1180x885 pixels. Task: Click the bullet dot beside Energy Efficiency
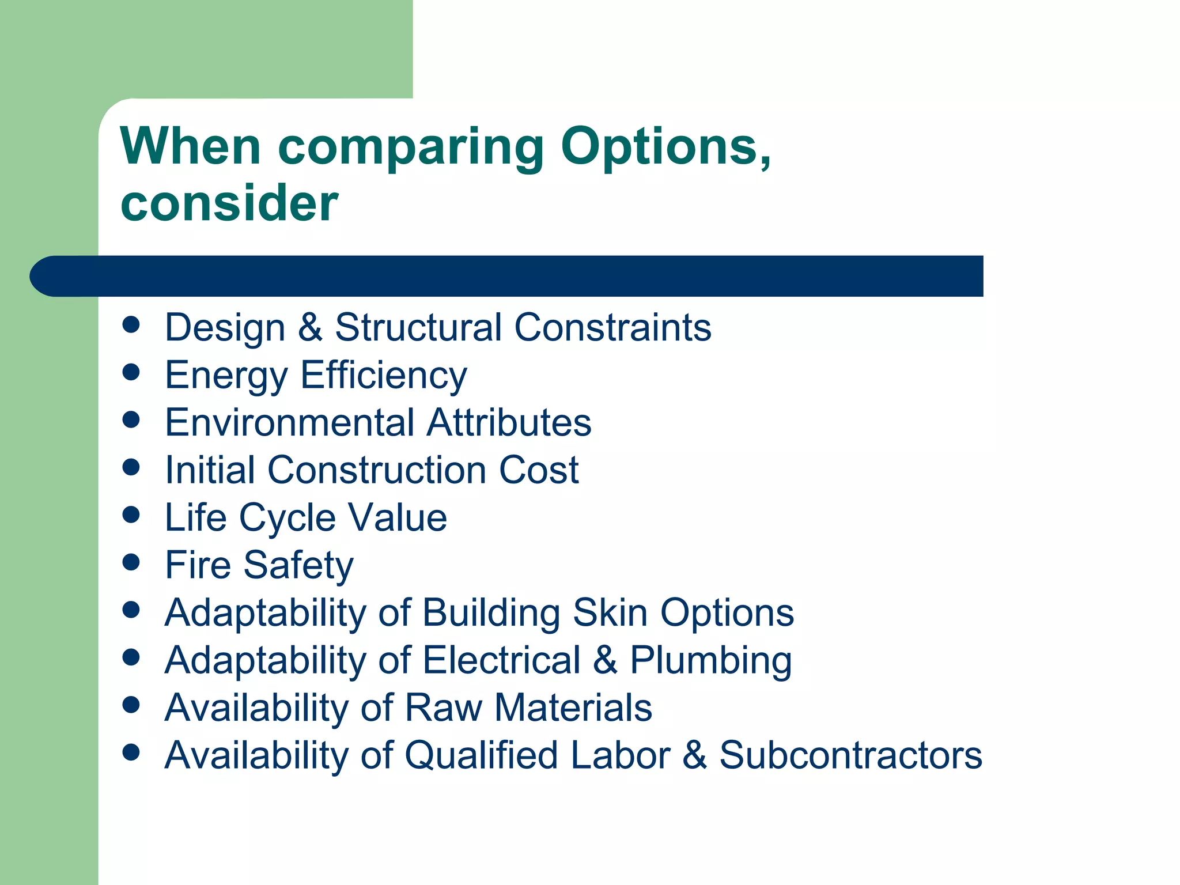tap(131, 372)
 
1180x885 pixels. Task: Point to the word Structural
tap(419, 327)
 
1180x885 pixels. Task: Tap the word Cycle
tap(287, 518)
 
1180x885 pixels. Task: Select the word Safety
tap(298, 565)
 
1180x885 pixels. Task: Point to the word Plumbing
tap(710, 660)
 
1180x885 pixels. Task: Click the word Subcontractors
tap(850, 755)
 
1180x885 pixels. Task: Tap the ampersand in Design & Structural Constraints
tap(310, 327)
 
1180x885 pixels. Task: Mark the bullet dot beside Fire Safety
tap(131, 562)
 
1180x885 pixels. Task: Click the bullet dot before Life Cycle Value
tap(131, 514)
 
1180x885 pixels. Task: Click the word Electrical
tap(502, 660)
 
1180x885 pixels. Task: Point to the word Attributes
tap(509, 422)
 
